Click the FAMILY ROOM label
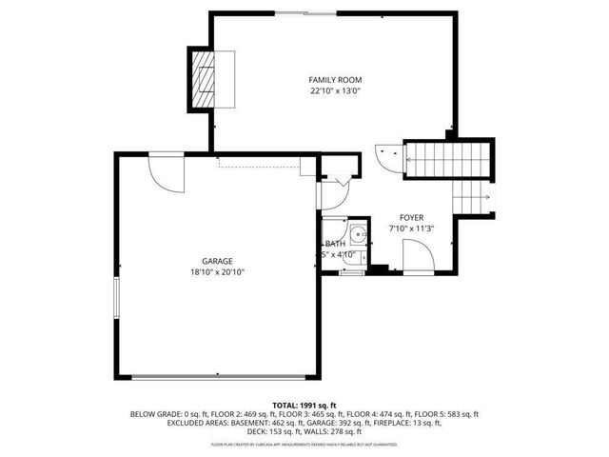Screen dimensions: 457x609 [x=335, y=80]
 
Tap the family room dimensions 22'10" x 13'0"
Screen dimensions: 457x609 [x=335, y=91]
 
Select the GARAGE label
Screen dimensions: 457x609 [x=217, y=261]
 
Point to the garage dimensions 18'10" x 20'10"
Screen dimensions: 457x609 [x=217, y=272]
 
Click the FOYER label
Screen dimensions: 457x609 [x=411, y=217]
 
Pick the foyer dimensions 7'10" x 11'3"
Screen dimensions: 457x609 [x=411, y=228]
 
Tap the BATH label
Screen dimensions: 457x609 [x=336, y=244]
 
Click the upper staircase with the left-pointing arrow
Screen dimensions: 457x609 [x=447, y=159]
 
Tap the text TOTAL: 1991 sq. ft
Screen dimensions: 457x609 [x=304, y=405]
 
